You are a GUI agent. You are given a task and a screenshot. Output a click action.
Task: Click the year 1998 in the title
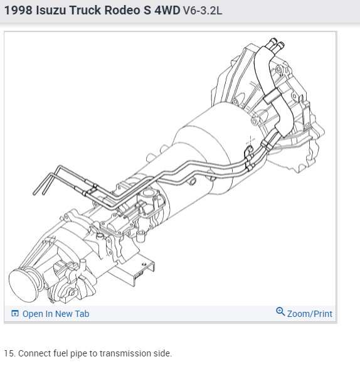click(x=18, y=11)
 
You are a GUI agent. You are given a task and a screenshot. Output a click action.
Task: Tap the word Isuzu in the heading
click(x=51, y=11)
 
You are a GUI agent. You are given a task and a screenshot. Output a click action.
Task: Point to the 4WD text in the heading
click(x=167, y=11)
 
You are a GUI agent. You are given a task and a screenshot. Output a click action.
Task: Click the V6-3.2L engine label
click(x=203, y=11)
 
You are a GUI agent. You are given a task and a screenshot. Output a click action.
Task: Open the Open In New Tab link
click(x=56, y=314)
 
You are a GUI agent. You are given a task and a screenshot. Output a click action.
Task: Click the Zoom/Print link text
click(x=310, y=314)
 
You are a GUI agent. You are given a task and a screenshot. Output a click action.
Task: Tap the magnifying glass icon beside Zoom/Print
click(x=280, y=311)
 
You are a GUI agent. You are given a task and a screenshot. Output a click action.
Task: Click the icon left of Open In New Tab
click(x=15, y=314)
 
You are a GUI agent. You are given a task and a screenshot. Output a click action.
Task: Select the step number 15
click(x=8, y=353)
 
